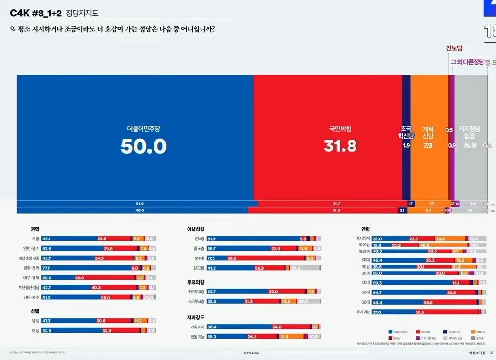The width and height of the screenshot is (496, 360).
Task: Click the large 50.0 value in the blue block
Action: point(143,146)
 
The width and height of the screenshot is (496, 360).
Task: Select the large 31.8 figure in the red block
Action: point(340,146)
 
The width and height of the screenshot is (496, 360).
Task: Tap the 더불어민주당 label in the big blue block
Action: point(143,128)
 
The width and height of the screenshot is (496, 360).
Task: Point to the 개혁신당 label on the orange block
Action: point(428,132)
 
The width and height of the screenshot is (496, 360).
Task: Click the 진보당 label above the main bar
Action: point(454,48)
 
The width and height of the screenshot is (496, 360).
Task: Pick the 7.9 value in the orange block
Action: point(428,145)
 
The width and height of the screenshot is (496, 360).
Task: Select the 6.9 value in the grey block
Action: point(470,145)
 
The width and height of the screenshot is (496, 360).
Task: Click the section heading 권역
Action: point(35,229)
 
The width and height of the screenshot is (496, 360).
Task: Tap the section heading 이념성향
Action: point(195,229)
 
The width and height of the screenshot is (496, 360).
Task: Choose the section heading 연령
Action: point(365,229)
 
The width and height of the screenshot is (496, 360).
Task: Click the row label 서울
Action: point(35,238)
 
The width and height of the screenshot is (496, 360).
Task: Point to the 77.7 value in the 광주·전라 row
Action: point(47,268)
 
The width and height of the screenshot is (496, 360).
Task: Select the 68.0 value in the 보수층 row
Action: point(232,258)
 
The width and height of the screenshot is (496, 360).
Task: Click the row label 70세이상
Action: point(363,312)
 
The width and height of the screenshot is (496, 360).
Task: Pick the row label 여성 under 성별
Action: point(35,330)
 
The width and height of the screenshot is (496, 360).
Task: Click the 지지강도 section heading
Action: point(195,318)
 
